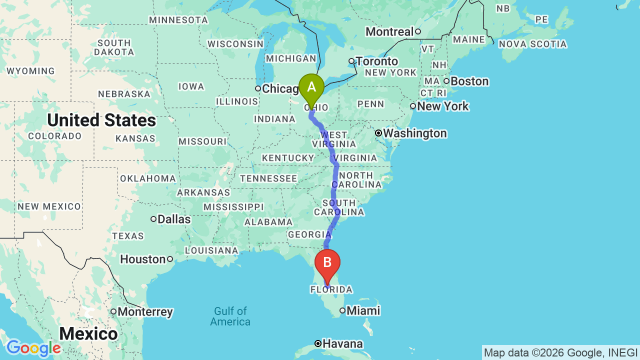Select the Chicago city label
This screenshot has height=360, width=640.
[280, 89]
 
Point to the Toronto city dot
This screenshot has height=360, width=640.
[351, 61]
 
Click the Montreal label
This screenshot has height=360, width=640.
[389, 32]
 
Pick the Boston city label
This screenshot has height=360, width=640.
[469, 81]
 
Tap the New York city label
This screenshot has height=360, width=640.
[443, 106]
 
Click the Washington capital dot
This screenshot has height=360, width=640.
[378, 133]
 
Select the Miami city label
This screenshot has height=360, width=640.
[363, 310]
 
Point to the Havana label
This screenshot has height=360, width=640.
[342, 343]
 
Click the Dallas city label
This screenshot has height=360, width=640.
[174, 219]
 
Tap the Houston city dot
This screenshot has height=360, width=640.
[170, 259]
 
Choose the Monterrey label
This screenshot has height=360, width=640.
[145, 312]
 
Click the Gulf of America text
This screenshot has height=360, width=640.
[230, 316]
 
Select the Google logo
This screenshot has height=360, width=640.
[33, 348]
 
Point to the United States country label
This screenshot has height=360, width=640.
[101, 120]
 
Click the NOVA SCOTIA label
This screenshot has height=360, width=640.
[533, 44]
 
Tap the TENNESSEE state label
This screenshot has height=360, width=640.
[268, 178]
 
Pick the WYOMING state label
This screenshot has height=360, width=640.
[30, 71]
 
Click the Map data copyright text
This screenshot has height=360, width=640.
[560, 352]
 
